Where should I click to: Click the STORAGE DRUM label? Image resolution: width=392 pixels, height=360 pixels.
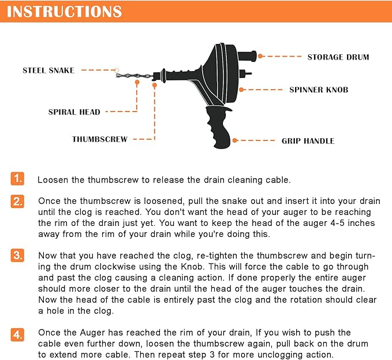pos(338,57)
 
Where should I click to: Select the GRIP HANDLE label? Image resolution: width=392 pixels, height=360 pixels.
pos(308,140)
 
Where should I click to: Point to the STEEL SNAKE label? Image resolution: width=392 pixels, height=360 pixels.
pos(48,70)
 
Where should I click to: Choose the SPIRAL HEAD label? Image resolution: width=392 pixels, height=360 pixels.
pos(74,112)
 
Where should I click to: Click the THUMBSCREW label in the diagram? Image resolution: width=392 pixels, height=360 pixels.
pos(100,139)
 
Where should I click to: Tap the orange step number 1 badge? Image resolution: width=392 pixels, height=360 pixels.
pos(18,178)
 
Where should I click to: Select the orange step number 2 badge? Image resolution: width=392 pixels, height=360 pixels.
pos(18,202)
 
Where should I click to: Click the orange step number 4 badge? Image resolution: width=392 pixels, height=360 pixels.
pos(18,333)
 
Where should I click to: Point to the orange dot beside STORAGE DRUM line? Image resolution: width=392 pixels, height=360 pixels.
pos(261,56)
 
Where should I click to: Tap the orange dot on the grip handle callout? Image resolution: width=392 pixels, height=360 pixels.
pos(235,140)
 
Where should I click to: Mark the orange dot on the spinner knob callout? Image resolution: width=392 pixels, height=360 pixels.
pos(242,90)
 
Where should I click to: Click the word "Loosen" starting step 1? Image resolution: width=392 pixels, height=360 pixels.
pos(54,180)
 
